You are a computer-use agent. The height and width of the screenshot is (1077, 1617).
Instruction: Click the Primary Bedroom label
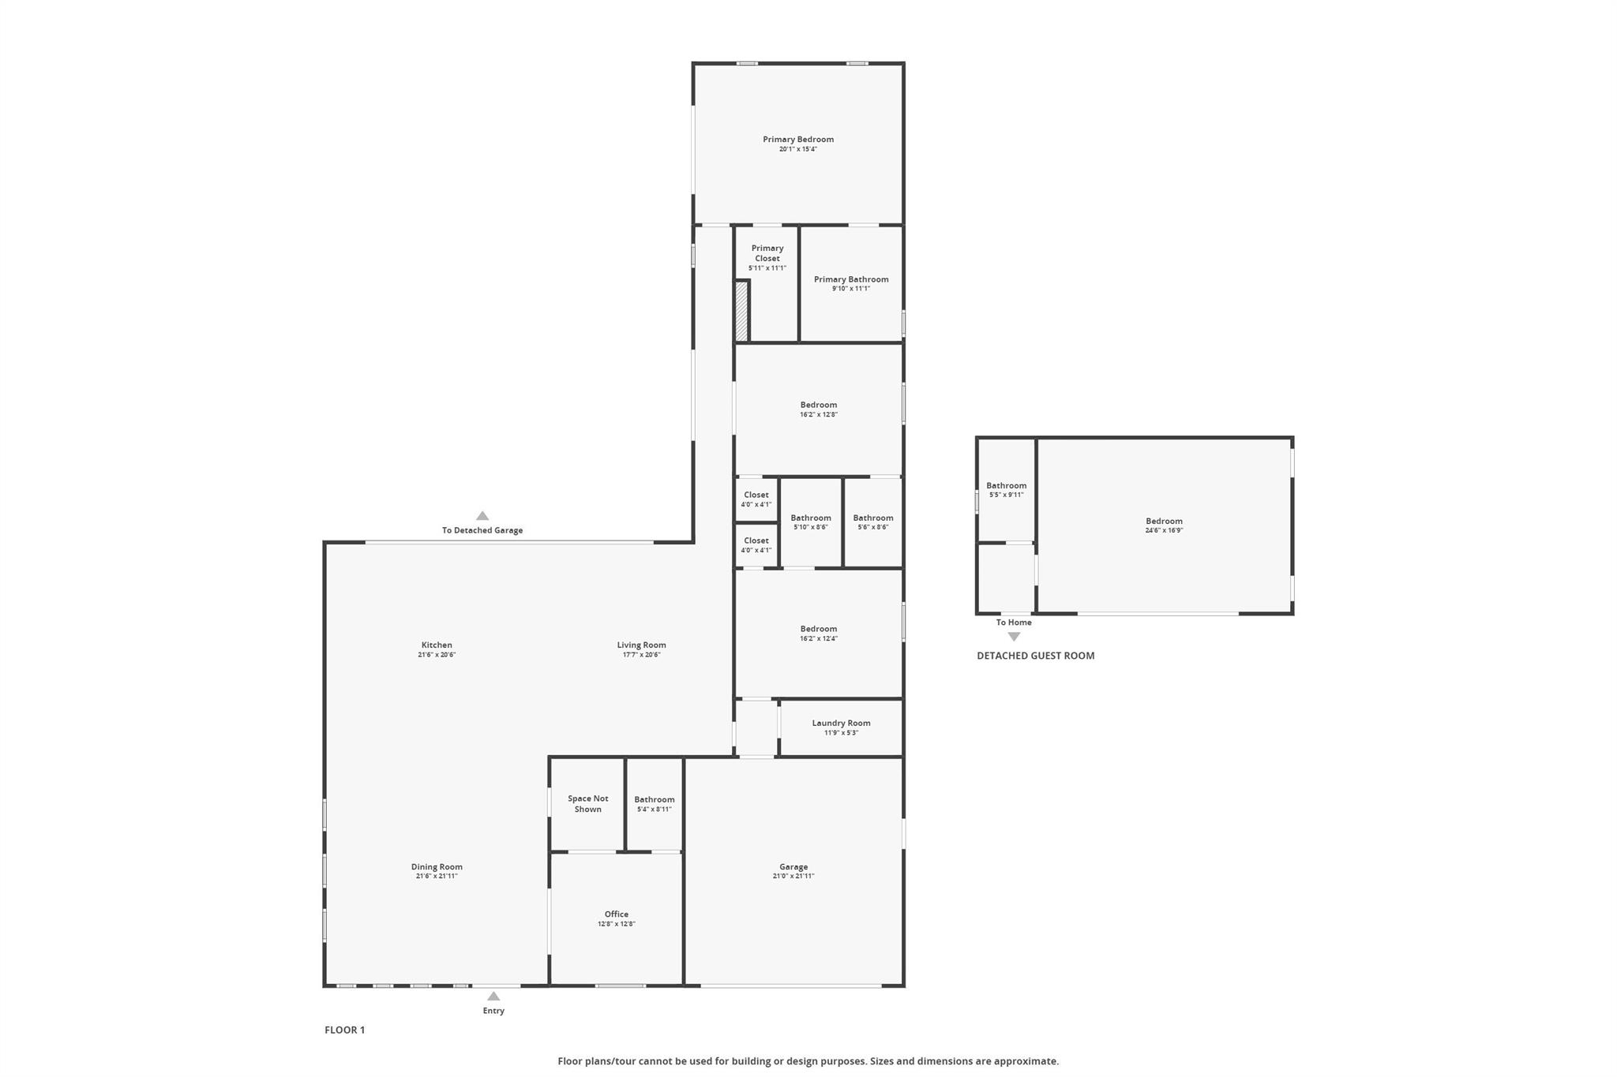point(797,140)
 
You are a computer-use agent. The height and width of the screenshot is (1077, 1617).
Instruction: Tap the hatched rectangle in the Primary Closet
point(741,312)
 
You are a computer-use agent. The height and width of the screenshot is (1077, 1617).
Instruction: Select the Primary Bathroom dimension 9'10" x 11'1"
point(850,289)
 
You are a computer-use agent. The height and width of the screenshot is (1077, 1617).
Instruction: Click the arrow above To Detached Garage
point(482,516)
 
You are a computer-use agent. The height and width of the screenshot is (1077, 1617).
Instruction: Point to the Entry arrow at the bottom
point(493,997)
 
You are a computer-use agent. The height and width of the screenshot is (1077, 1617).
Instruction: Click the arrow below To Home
point(1014,637)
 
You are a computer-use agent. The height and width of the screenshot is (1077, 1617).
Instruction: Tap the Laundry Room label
point(841,723)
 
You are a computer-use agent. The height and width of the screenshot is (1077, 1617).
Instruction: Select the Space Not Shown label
point(588,804)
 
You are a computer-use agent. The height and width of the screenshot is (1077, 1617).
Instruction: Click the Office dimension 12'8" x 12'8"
point(616,924)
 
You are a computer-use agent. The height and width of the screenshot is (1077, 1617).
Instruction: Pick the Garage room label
point(793,867)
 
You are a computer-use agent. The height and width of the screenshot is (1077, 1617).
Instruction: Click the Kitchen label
point(437,645)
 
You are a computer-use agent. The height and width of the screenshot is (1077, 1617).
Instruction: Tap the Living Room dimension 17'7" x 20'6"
point(641,655)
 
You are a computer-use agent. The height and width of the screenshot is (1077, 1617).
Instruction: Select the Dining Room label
point(437,867)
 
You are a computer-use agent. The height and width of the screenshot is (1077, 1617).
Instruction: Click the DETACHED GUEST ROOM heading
point(1036,656)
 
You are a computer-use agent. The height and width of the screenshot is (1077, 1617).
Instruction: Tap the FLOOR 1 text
point(345,1030)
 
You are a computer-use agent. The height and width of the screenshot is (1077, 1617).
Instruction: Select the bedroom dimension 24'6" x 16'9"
point(1164,530)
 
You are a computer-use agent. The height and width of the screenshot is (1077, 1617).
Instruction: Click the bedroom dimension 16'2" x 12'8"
point(818,414)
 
